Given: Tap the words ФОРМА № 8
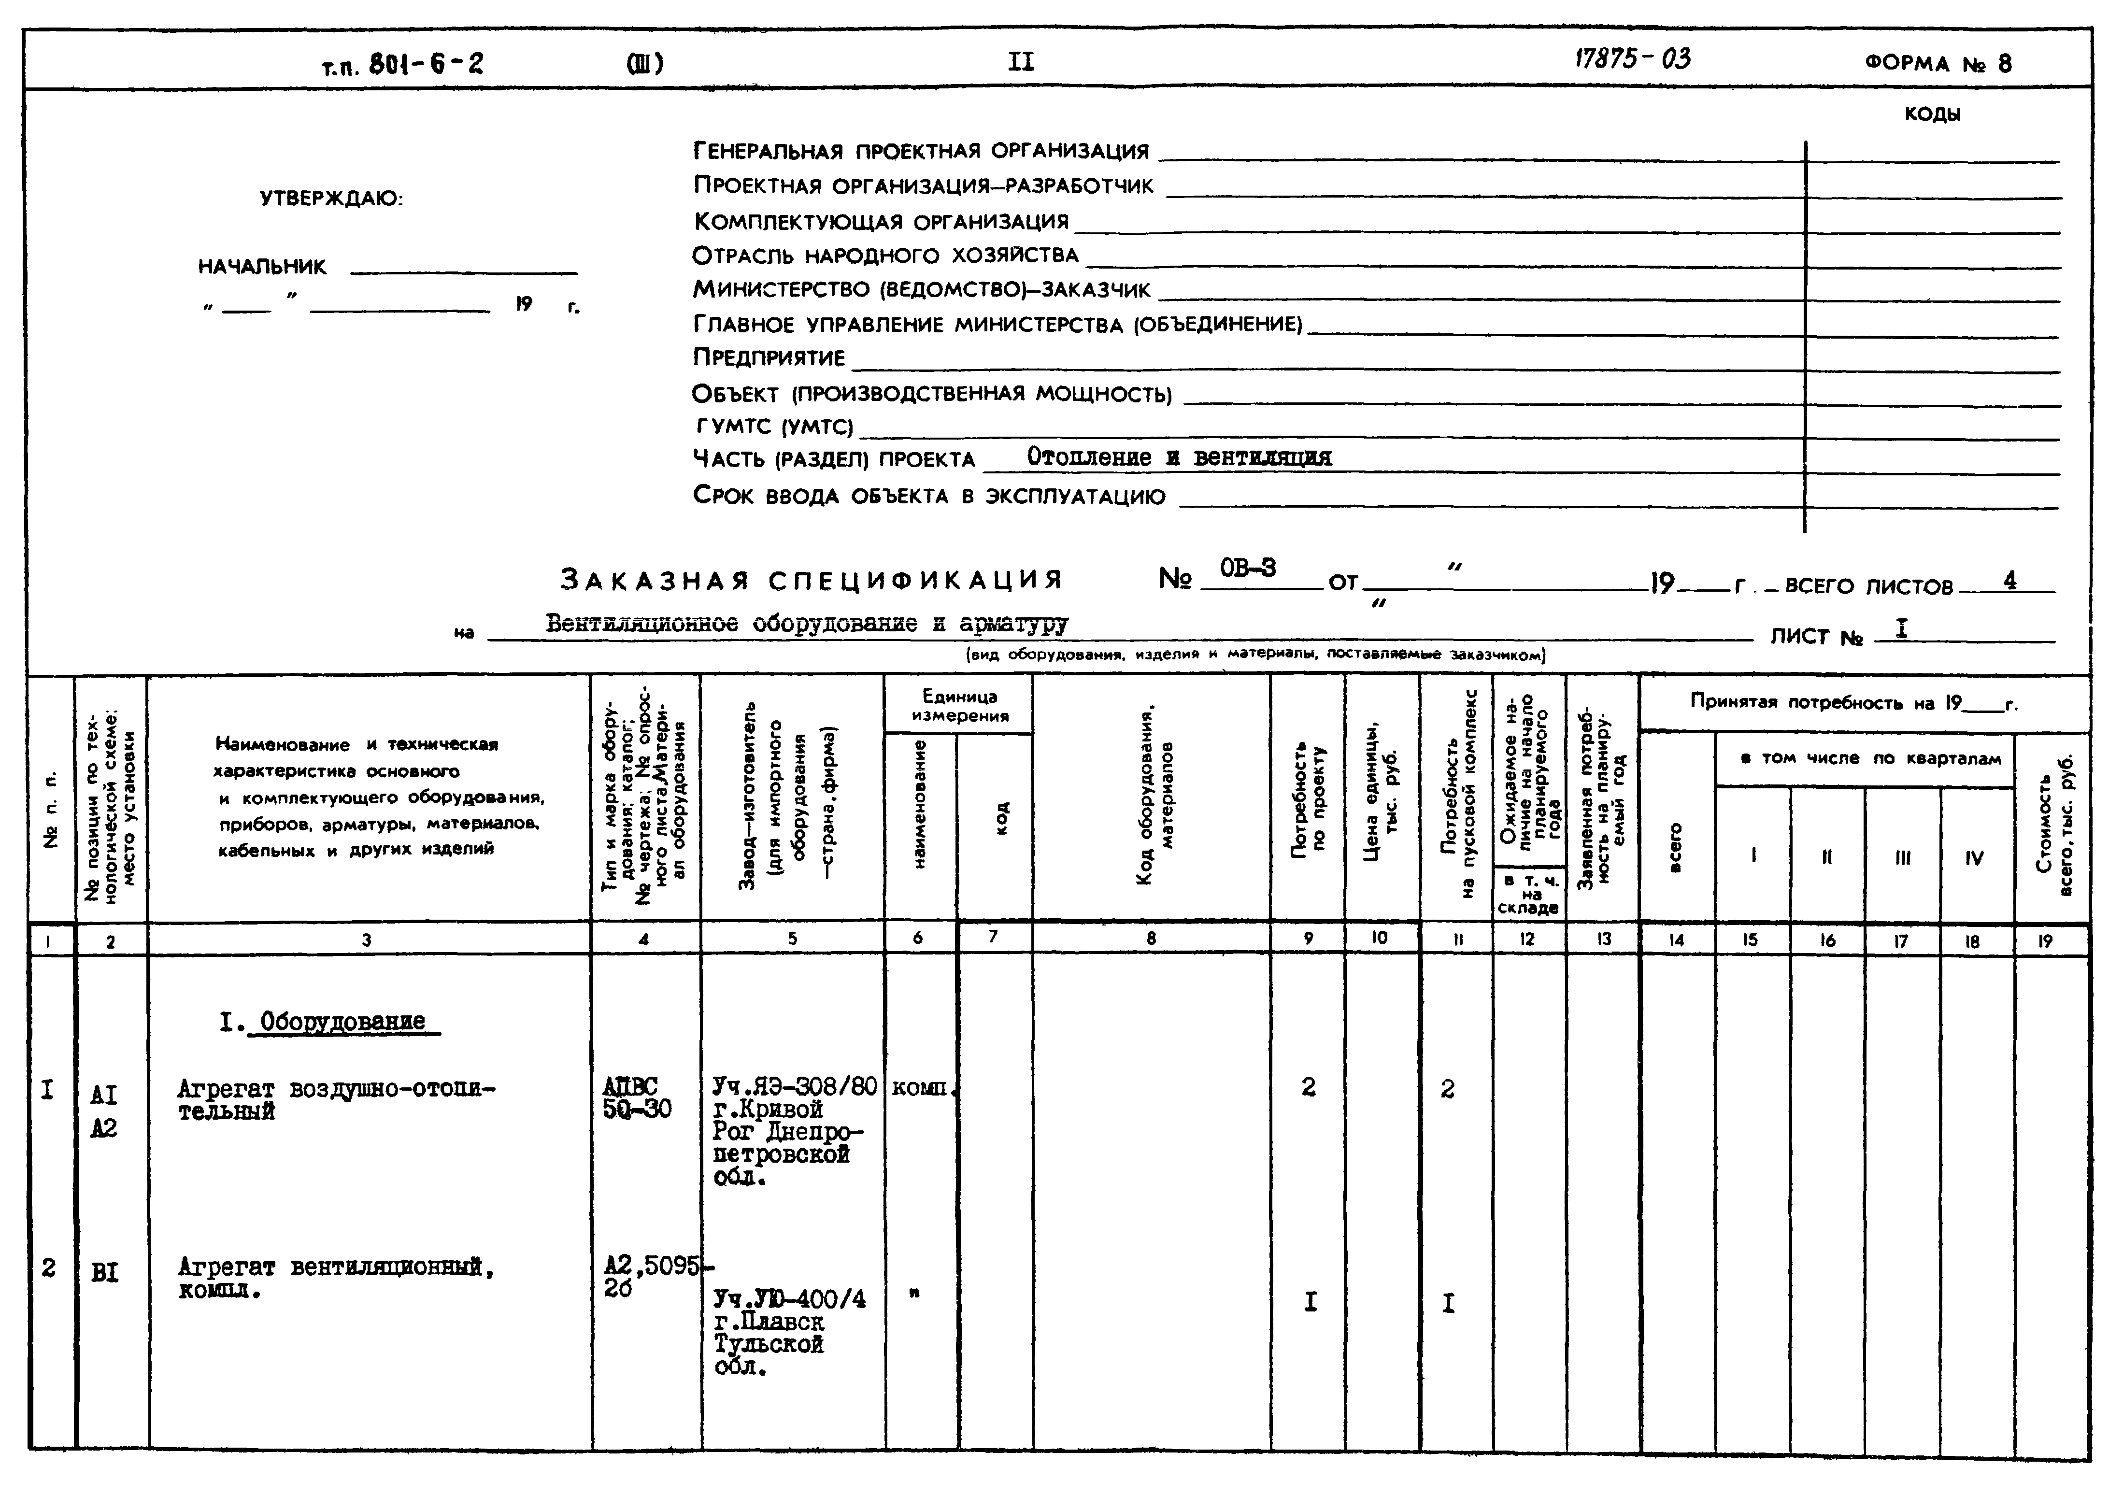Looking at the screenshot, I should coord(1937,63).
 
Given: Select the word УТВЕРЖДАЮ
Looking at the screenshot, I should coord(331,199).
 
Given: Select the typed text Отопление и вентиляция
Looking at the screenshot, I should coord(1179,457).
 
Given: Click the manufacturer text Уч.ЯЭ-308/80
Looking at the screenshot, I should coord(793,1086).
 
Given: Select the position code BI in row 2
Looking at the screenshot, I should coord(104,1273).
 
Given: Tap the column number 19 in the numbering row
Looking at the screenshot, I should coord(2044,940).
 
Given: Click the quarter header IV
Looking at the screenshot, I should coord(1974,857).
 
